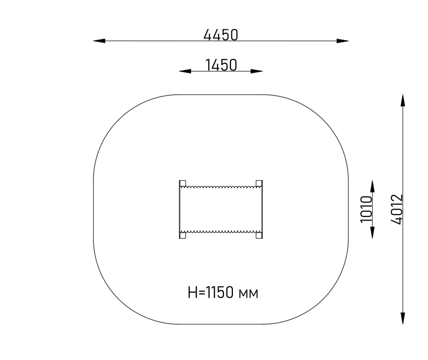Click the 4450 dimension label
click(x=221, y=35)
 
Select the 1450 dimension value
click(x=221, y=65)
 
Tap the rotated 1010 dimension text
click(x=366, y=209)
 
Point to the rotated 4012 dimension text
click(x=397, y=209)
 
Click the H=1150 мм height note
click(x=223, y=292)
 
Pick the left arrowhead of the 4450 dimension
click(x=100, y=41)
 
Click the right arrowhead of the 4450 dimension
click(x=342, y=41)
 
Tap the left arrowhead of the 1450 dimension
click(x=185, y=71)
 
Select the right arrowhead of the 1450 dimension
click(x=256, y=71)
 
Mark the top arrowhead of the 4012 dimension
click(x=403, y=100)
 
